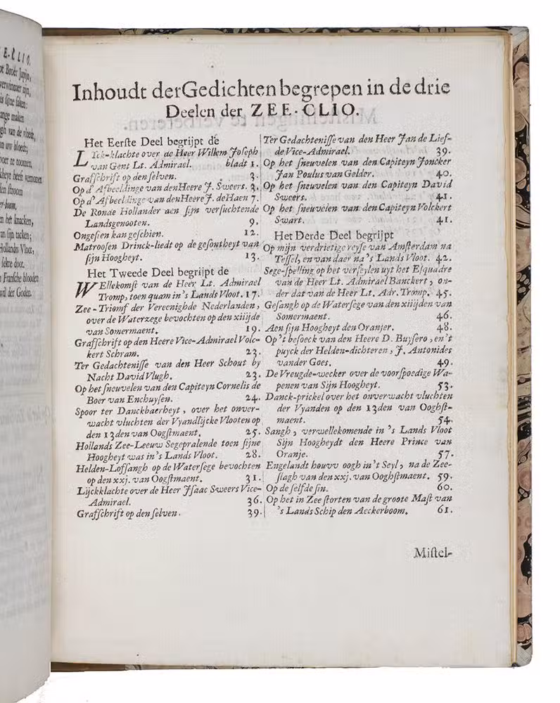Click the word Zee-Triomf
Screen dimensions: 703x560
click(94, 306)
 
